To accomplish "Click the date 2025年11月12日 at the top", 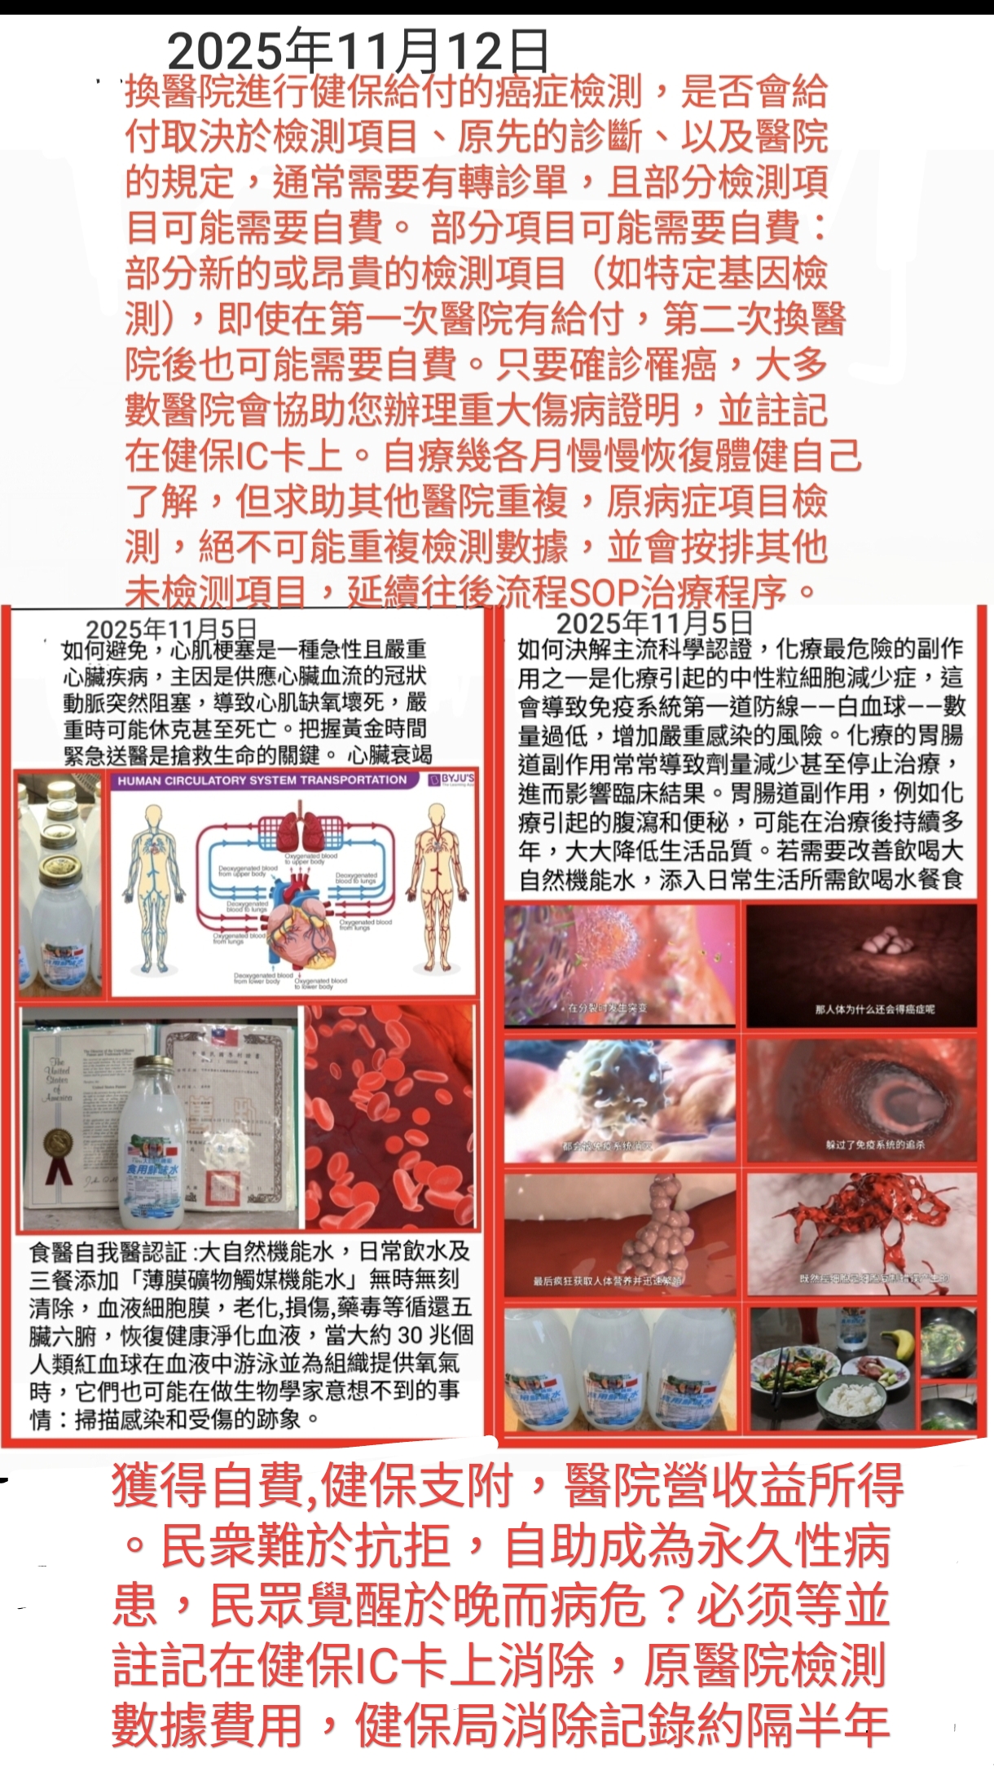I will coord(358,51).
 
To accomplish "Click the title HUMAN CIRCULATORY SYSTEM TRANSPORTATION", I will coord(262,780).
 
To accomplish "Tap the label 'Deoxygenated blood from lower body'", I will coord(262,978).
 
